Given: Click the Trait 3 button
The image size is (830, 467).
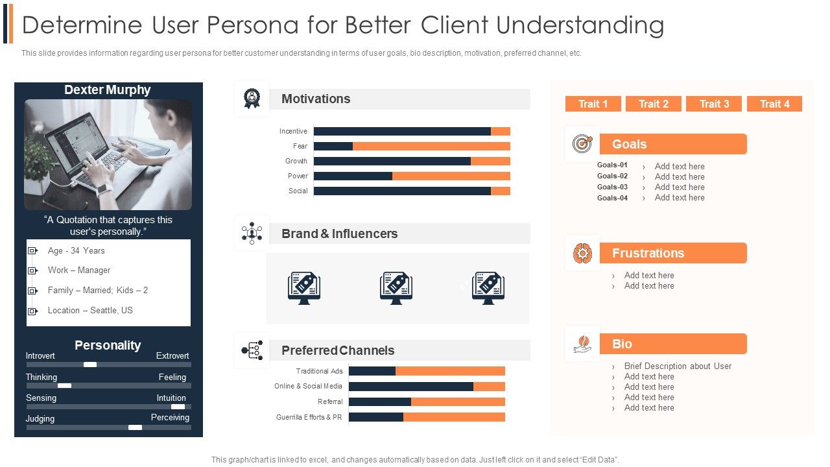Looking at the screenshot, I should (714, 104).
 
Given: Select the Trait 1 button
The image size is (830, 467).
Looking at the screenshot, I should (593, 104).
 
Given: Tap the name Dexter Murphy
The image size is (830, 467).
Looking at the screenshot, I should (108, 90).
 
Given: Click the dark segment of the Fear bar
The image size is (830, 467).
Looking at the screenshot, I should (333, 146).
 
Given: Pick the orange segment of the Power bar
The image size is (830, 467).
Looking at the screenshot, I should (451, 176).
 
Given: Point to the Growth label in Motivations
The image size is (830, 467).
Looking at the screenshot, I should (296, 161).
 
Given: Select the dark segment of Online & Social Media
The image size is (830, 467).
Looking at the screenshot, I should (411, 386).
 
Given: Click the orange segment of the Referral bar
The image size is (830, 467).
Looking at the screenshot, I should (458, 401).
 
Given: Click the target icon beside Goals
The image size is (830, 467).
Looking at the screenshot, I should (582, 144).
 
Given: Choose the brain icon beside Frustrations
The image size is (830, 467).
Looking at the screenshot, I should (582, 253).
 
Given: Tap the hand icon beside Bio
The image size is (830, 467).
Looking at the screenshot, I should (582, 344).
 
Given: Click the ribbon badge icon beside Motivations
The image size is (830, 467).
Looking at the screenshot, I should (252, 98).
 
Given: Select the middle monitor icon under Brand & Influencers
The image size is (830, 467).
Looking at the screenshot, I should (396, 288).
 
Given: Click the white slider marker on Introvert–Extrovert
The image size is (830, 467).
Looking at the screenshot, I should (90, 365).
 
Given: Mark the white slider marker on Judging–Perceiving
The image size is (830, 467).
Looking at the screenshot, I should (135, 427).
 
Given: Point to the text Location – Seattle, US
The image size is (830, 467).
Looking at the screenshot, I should (90, 310).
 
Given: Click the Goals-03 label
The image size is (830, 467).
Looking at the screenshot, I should (612, 187).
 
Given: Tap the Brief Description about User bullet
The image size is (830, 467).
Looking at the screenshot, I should (678, 366).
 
